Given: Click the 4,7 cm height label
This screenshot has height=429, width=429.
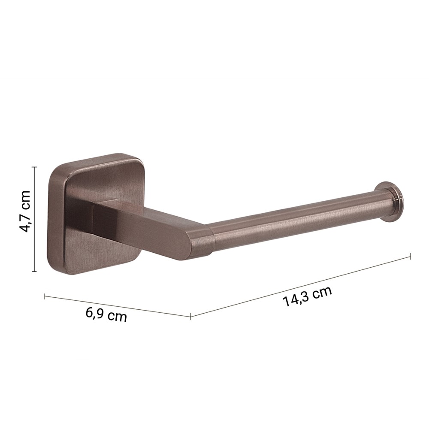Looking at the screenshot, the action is point(26,211).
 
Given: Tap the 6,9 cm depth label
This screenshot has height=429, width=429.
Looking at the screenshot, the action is point(106,314).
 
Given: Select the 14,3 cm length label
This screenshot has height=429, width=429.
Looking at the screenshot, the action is point(307,296).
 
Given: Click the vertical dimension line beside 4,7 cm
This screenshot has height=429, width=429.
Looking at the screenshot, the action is point(34,219).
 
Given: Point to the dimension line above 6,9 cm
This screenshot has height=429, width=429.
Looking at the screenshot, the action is point(118,306).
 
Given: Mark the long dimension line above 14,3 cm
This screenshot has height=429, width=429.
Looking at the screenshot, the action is point(300,286).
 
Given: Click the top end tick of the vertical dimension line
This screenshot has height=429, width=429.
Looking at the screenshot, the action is point(34,166).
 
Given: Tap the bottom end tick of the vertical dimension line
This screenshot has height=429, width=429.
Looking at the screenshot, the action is point(34,272).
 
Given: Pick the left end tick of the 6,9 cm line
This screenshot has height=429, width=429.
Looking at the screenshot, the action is point(45,296).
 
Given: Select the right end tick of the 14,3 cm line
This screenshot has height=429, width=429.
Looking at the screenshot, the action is point(411,256).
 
